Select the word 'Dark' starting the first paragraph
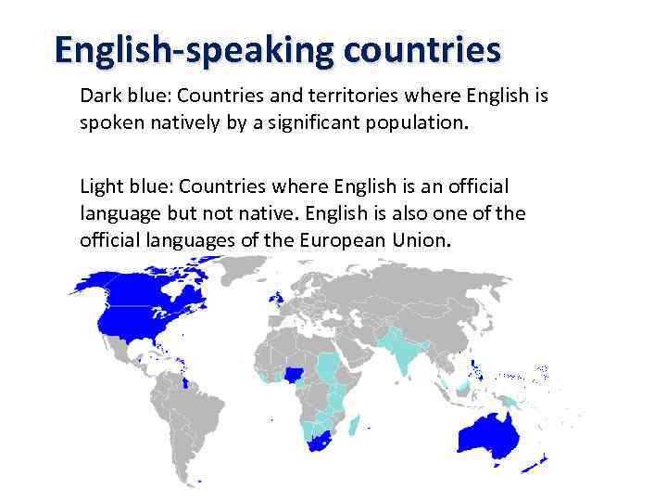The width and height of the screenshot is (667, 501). pos(99,96)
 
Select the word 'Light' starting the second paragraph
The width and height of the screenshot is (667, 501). pos(100,188)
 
